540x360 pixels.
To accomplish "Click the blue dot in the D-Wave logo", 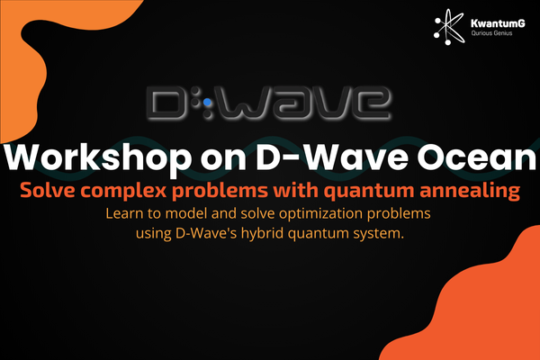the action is coord(207,103).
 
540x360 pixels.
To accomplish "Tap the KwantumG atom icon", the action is coord(449,27).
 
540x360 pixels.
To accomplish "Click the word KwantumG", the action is coord(498,23).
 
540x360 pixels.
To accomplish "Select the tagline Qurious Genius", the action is coord(491,33).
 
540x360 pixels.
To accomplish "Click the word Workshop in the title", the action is coord(97,157).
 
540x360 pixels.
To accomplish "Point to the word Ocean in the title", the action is coord(477,157).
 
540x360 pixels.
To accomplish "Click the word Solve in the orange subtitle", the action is coord(48,190).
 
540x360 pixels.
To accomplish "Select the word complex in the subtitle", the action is coord(123,191).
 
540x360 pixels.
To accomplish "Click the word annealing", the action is coord(470,191).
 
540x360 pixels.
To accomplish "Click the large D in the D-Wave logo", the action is coord(167,103).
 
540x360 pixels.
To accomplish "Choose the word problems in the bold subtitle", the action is coord(220,191).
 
